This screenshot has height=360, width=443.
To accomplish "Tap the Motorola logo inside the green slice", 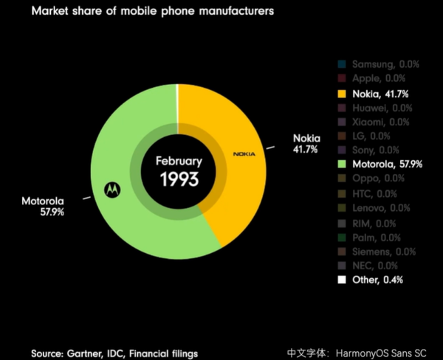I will tap(111, 190).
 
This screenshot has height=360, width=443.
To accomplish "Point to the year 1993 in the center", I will tap(177, 179).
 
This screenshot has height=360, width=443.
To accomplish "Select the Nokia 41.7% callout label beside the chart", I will tap(306, 143).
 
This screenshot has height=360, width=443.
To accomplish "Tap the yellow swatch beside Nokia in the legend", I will tap(341, 94).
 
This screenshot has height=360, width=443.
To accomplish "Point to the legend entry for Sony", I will tap(377, 150).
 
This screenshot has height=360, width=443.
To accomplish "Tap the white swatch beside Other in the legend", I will tap(341, 280).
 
